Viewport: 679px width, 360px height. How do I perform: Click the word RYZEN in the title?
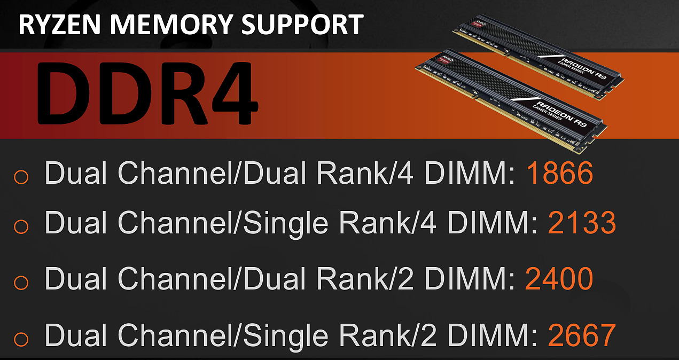coord(59,25)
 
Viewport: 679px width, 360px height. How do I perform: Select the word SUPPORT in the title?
coord(302,25)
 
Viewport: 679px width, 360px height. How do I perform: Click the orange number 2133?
coord(582,223)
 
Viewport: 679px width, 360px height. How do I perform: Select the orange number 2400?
coord(559,279)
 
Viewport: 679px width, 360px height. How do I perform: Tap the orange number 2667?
coord(582,335)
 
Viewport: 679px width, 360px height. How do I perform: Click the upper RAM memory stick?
coord(538,56)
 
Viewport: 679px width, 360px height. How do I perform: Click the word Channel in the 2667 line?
coord(176,335)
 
